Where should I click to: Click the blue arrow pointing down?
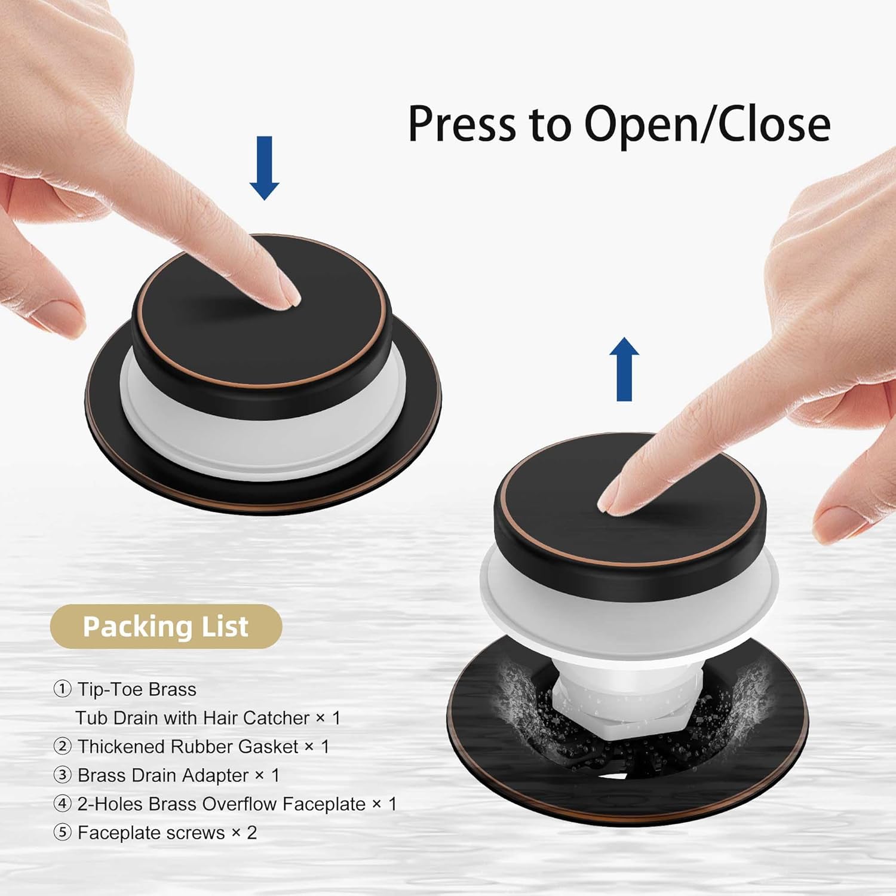coord(264,168)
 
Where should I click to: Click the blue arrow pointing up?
coord(624,369)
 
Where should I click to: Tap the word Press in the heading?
coord(462,124)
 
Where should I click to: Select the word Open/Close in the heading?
coord(707,124)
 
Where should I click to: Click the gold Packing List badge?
coord(165,627)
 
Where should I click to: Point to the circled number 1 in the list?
coord(62,689)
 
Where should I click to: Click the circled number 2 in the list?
coord(62,747)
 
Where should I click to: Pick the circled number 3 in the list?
coord(62,775)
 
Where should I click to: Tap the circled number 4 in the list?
coord(62,804)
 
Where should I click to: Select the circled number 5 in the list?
coord(62,833)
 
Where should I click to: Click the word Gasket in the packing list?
coord(268,747)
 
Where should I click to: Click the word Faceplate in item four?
coord(324,805)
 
